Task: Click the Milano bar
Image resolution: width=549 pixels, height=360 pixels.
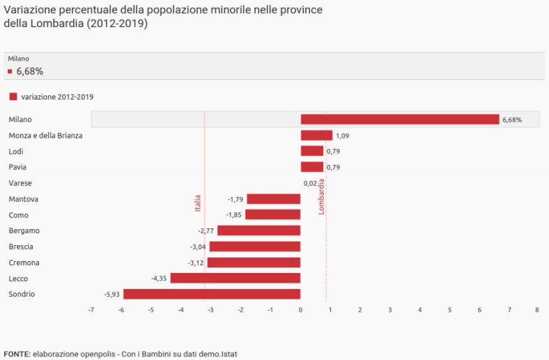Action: [400, 120]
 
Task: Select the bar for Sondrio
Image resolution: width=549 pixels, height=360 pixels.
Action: [212, 295]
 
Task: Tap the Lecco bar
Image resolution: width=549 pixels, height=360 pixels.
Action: [235, 279]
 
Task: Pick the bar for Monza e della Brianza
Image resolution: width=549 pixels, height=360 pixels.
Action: [316, 136]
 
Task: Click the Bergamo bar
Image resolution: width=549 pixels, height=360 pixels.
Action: [258, 230]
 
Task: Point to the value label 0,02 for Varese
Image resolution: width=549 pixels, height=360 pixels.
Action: [310, 183]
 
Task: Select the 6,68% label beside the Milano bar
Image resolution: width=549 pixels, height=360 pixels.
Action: [511, 120]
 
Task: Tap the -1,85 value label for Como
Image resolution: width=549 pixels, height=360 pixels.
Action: [234, 215]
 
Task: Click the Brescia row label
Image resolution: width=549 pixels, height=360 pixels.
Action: [21, 246]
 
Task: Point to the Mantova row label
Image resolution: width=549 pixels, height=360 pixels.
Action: [23, 199]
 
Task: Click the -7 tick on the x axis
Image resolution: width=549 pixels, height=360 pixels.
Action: [91, 309]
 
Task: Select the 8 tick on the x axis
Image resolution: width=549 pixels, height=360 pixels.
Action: [536, 309]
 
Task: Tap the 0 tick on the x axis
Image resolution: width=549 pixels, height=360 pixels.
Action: [300, 309]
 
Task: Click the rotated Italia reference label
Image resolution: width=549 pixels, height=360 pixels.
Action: [198, 202]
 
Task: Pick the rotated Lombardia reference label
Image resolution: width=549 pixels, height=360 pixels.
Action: [322, 196]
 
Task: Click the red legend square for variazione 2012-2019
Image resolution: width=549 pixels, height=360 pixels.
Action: [13, 97]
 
